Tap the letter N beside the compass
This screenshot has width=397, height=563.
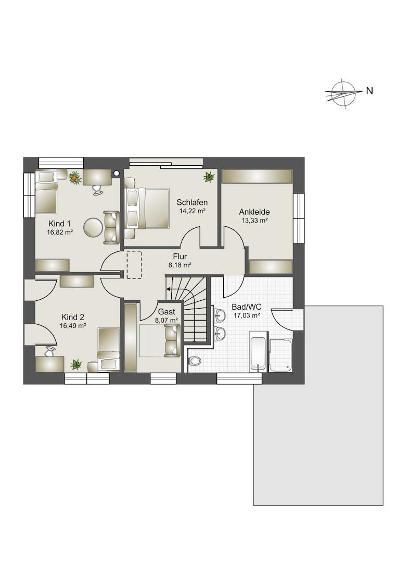[369, 91]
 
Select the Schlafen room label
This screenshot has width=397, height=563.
[192, 202]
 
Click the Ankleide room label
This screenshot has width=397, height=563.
[254, 212]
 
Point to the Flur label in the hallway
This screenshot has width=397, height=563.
[180, 256]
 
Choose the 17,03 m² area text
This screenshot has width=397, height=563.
[247, 315]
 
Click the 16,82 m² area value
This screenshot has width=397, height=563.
[60, 232]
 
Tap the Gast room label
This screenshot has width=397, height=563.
[167, 312]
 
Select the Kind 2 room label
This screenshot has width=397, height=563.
[73, 317]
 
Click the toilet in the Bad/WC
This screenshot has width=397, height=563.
[195, 360]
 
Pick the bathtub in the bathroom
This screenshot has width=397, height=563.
[258, 352]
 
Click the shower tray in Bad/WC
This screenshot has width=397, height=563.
[281, 355]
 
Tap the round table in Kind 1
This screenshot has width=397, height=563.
[93, 227]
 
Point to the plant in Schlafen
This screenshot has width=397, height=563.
[209, 176]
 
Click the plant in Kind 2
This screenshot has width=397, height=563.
[76, 364]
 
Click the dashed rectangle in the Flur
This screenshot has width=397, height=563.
[134, 265]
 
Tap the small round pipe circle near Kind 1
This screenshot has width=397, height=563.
[116, 174]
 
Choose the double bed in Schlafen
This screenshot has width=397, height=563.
[147, 208]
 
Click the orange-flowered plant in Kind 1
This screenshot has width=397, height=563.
[75, 177]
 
